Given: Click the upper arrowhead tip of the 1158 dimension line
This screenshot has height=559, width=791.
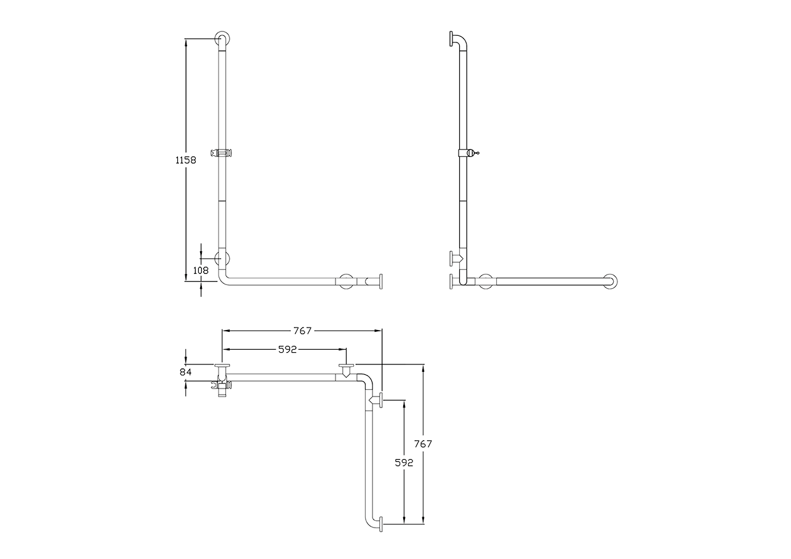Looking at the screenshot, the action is click(x=186, y=39).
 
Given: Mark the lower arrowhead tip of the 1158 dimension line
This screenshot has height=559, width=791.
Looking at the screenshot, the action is click(x=186, y=281).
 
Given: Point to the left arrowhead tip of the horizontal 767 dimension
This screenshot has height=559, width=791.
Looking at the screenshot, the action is click(x=222, y=331).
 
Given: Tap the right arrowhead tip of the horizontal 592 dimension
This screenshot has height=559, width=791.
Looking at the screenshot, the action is click(x=347, y=349).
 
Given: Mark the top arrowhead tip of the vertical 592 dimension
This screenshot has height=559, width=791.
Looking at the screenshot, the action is click(x=404, y=400).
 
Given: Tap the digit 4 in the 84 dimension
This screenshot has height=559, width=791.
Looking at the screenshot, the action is click(x=188, y=372).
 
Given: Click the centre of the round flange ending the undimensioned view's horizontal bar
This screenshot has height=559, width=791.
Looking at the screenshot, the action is click(x=610, y=281).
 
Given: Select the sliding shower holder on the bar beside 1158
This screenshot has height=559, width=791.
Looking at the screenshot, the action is click(x=222, y=153).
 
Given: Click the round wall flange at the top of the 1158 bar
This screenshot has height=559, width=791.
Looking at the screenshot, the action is click(x=222, y=38).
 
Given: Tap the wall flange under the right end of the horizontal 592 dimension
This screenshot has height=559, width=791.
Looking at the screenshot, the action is click(x=346, y=366).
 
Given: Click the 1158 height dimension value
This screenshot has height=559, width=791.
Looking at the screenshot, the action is click(x=186, y=160).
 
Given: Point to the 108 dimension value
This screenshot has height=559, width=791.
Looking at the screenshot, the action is click(x=201, y=270).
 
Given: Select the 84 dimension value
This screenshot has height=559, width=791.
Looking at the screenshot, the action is click(x=186, y=372).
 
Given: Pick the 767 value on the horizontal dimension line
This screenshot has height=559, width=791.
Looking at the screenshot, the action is click(x=303, y=331).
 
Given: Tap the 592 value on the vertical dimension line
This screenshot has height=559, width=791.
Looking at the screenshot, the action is click(x=404, y=462).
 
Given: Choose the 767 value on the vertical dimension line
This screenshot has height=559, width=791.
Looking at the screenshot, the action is click(x=423, y=443).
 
